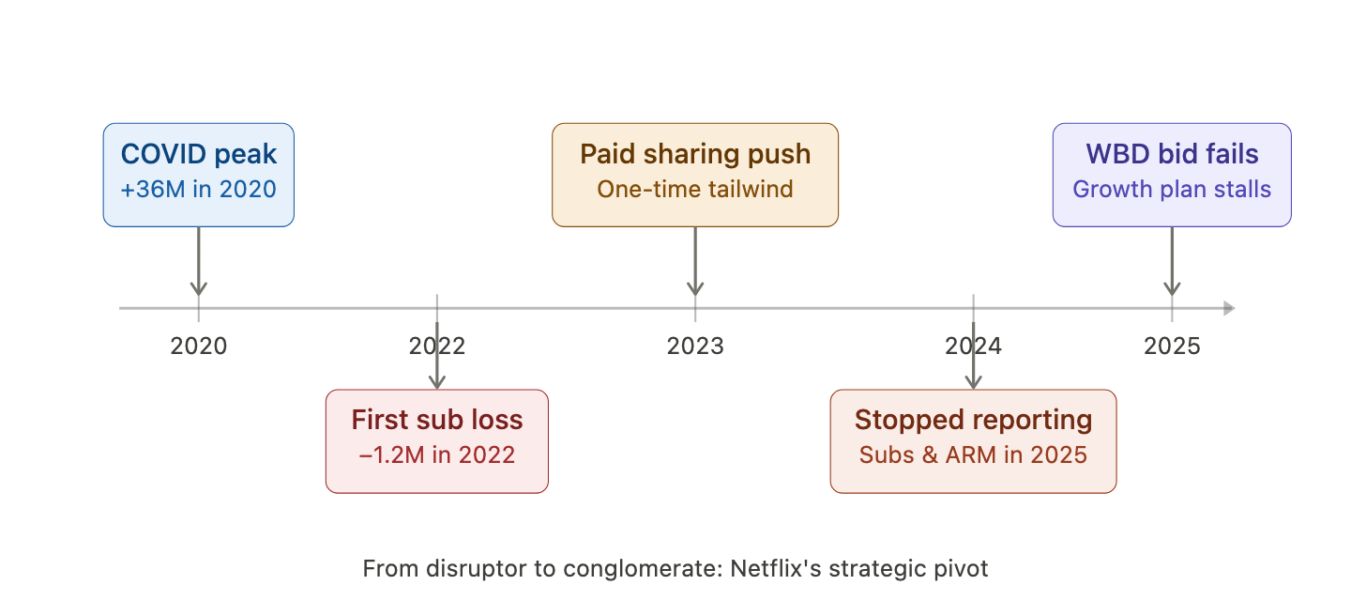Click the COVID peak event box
(198, 175)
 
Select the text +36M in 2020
(198, 190)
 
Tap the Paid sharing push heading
(694, 154)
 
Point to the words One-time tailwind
(694, 189)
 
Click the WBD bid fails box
(1172, 175)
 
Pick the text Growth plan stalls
(1172, 189)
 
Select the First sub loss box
(436, 440)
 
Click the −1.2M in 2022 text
(436, 455)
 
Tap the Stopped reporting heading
(973, 420)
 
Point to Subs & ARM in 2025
(973, 455)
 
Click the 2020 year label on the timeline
(198, 346)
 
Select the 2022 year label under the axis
(436, 346)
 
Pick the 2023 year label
(694, 346)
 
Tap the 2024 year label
(973, 346)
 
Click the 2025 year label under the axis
(1172, 346)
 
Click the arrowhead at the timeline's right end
(1229, 308)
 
